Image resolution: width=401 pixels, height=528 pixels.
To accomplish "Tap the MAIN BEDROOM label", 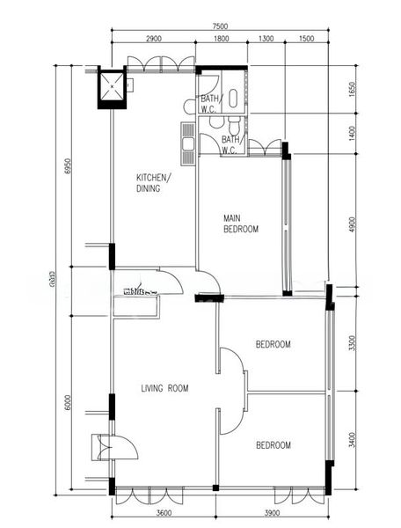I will pos(240,224).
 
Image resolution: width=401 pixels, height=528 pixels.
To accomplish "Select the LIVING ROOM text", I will pos(164,388).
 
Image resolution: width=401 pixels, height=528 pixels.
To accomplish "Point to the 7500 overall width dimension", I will pos(220,26).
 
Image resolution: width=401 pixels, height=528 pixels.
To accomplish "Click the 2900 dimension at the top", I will pos(153,40).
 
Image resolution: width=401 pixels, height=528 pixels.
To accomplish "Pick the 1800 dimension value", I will pos(222,40).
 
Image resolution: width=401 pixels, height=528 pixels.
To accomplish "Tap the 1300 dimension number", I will pos(266,40).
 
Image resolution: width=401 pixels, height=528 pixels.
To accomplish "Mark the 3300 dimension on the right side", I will pos(351,342).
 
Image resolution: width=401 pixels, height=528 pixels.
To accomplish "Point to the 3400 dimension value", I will pos(351,431).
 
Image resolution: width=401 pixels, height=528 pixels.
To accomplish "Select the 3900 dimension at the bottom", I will pos(272,513).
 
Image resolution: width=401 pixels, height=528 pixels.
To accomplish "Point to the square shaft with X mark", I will pos(113,87).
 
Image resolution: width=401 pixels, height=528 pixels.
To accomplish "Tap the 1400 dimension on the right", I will pos(351,132).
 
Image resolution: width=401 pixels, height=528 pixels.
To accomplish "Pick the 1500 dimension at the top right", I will pos(307,40).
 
